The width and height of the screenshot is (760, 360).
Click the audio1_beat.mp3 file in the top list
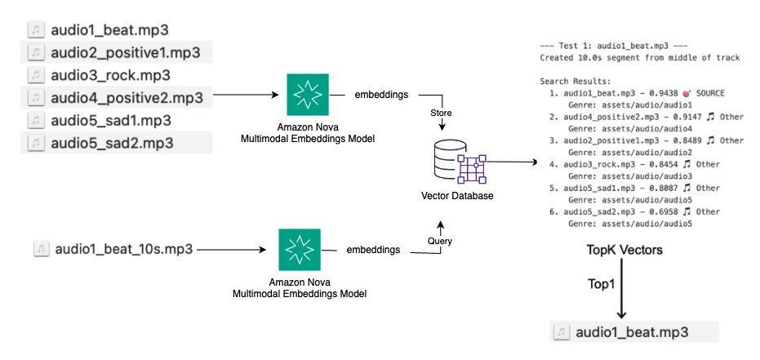(109, 30)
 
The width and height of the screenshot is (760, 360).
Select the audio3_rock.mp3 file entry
(109, 75)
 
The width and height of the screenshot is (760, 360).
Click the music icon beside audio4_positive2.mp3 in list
(37, 98)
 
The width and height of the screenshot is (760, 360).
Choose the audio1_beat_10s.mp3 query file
(123, 249)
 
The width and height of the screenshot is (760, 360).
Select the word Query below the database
(440, 240)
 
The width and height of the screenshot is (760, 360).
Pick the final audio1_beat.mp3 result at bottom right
(632, 332)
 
